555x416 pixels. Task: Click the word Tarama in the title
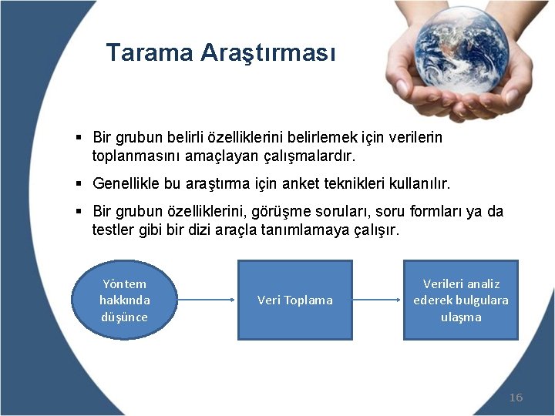(150, 52)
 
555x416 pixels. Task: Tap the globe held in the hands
(462, 50)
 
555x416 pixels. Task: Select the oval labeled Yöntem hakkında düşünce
(124, 300)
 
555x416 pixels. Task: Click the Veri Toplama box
(295, 300)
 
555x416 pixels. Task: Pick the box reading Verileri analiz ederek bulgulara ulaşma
(461, 300)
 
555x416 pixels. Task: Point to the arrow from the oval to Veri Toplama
(206, 300)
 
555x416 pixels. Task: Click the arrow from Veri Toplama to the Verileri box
(377, 300)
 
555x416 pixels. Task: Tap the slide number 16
(516, 398)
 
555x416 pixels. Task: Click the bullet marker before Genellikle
(79, 183)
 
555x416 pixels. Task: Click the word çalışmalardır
(310, 156)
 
